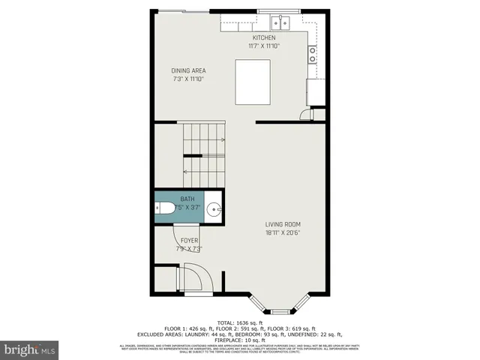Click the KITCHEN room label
point(263,37)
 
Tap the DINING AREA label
point(188,70)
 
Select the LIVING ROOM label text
point(283,224)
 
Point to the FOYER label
point(188,240)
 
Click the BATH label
point(186,199)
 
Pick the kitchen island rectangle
point(253,84)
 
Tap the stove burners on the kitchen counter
point(311,54)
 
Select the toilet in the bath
point(166,209)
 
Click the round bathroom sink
point(213,209)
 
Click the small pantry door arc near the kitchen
point(304,114)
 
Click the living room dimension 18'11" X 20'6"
point(283,232)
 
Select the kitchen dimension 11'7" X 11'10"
point(263,46)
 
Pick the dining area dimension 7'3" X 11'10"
point(188,79)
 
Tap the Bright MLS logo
point(30,349)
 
